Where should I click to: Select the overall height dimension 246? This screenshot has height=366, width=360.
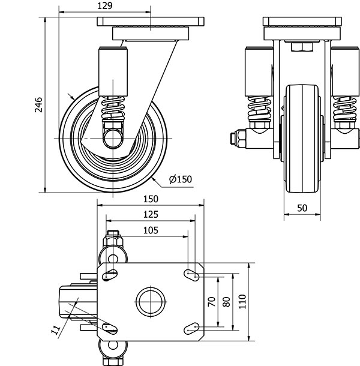pos(38,105)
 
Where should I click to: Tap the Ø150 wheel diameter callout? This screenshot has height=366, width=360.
pos(180,179)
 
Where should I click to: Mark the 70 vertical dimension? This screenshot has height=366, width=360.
pos(211,302)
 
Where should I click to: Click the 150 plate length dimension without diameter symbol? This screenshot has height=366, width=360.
pos(151,199)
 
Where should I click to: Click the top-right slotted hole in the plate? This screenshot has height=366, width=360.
pos(191,275)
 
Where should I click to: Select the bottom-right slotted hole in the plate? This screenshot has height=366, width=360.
pos(191,327)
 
